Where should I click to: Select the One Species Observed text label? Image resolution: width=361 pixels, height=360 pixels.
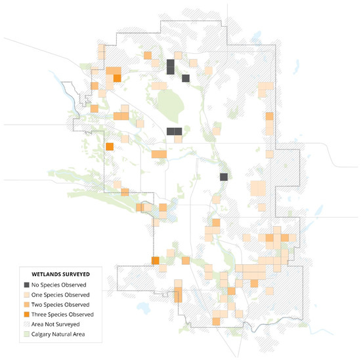62,294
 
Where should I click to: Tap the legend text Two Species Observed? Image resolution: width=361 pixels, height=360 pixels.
62,304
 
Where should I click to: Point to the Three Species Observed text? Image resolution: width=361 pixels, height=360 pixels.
63,314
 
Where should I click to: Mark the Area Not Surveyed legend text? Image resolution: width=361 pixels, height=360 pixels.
58,325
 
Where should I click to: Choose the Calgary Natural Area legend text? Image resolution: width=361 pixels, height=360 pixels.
60,334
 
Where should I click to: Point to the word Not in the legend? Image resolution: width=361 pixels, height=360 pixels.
52,325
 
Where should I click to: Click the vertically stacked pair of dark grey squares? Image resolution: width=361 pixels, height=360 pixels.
170,66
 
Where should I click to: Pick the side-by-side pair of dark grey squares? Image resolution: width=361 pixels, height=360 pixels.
174,131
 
